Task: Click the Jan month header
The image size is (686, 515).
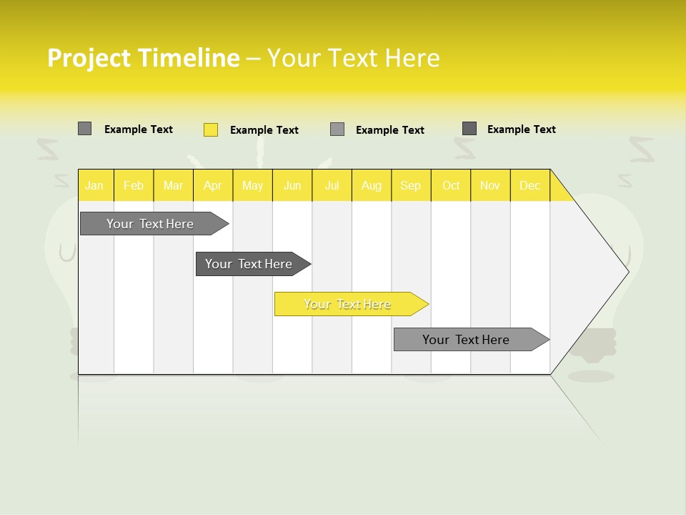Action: (94, 185)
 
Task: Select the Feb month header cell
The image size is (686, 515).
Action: (134, 185)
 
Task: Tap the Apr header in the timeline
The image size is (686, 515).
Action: (212, 185)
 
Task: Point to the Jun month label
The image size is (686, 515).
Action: (292, 185)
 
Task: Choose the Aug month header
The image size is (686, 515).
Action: (371, 185)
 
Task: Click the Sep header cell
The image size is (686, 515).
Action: (410, 185)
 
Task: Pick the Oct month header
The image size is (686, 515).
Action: (451, 185)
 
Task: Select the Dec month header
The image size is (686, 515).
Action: (530, 185)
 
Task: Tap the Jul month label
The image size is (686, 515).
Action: (332, 185)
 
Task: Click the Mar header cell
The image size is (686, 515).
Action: (173, 185)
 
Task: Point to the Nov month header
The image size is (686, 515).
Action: (490, 185)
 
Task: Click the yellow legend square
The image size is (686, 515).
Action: (211, 129)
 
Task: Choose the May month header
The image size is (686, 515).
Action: (252, 185)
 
